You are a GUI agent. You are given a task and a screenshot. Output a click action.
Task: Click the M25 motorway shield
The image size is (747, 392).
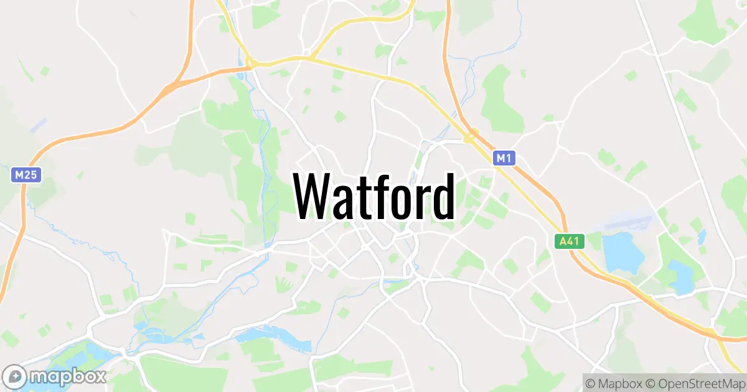[26, 175]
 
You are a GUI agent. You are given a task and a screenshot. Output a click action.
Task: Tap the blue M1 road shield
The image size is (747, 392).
[504, 159]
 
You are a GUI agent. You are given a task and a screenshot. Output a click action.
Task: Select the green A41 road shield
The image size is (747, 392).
[570, 241]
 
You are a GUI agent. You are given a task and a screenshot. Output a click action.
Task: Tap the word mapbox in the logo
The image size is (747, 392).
[68, 376]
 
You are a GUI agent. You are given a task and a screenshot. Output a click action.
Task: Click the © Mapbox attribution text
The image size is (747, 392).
[613, 382]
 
